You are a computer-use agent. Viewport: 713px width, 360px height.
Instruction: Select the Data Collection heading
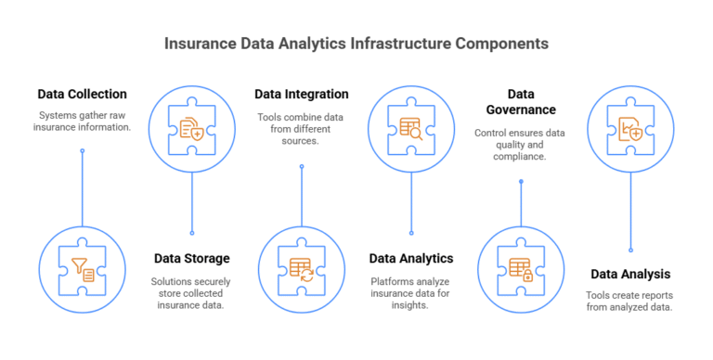(x=83, y=94)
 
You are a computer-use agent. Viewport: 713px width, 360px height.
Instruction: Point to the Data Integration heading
(x=302, y=94)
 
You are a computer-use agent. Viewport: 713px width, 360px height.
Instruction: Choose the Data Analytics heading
(x=411, y=258)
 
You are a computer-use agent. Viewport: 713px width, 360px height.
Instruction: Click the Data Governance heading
(x=520, y=102)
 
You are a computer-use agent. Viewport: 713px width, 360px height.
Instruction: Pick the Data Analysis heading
(x=630, y=274)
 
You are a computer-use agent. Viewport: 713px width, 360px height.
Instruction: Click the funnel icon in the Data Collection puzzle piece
(x=83, y=268)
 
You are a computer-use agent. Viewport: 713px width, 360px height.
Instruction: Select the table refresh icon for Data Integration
(x=301, y=268)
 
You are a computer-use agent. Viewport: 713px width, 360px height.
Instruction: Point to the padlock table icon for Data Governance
(x=520, y=268)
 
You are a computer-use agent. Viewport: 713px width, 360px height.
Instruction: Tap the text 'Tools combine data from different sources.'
(x=302, y=128)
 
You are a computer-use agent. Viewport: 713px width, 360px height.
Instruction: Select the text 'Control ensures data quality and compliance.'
(x=520, y=145)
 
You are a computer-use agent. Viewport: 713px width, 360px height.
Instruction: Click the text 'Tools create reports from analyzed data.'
(x=630, y=302)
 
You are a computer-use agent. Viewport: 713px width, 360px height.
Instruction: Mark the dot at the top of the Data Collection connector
(x=83, y=150)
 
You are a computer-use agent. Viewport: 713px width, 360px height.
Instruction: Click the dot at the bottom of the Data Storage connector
(x=192, y=233)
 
